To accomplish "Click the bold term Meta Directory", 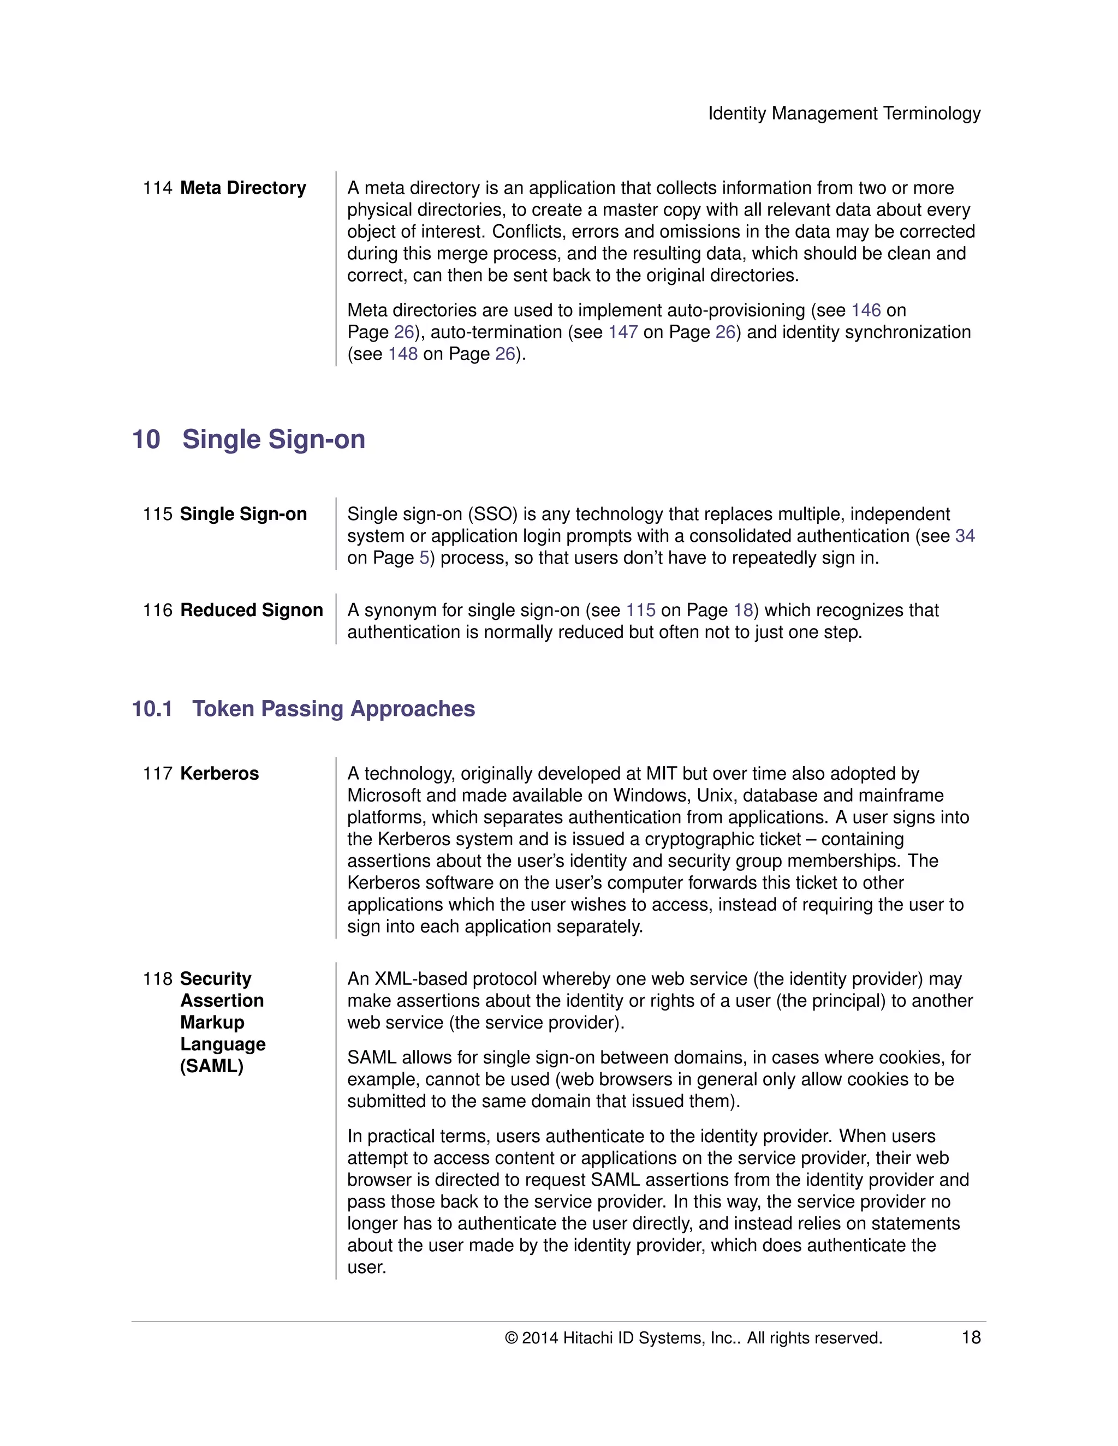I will coord(242,188).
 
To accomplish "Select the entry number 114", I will coord(157,188).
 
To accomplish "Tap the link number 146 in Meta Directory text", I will coord(866,310).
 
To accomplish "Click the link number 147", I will coord(622,332).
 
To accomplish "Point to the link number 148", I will coord(403,354).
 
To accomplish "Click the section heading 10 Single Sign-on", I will coord(248,440).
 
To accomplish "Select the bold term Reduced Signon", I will coord(251,611).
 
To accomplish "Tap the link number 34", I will coord(965,536).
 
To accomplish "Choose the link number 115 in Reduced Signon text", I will coord(640,611).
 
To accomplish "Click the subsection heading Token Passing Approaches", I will coord(333,709).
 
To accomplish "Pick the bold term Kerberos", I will coord(219,774).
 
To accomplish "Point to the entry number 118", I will coord(157,979).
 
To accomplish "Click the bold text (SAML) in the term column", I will coord(211,1067).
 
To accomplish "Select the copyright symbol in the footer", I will coord(510,1339).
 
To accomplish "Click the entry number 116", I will coord(157,611).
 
